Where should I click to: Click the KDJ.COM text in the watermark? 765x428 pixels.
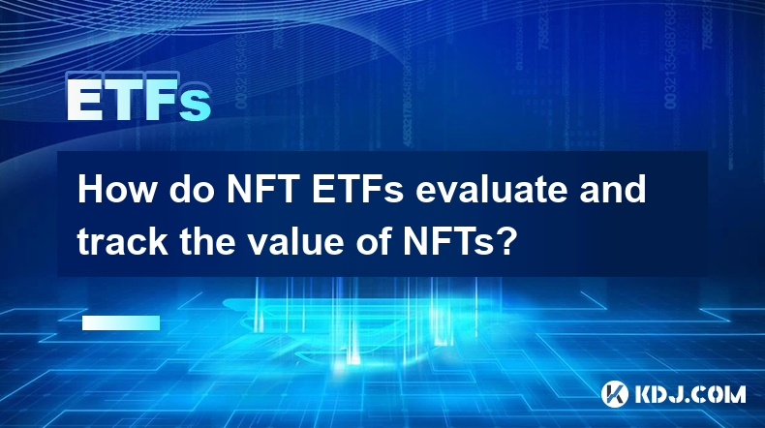point(689,394)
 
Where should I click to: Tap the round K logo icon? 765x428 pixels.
point(615,394)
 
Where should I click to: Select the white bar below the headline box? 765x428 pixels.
point(121,322)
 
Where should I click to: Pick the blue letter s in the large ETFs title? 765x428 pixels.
point(196,107)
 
